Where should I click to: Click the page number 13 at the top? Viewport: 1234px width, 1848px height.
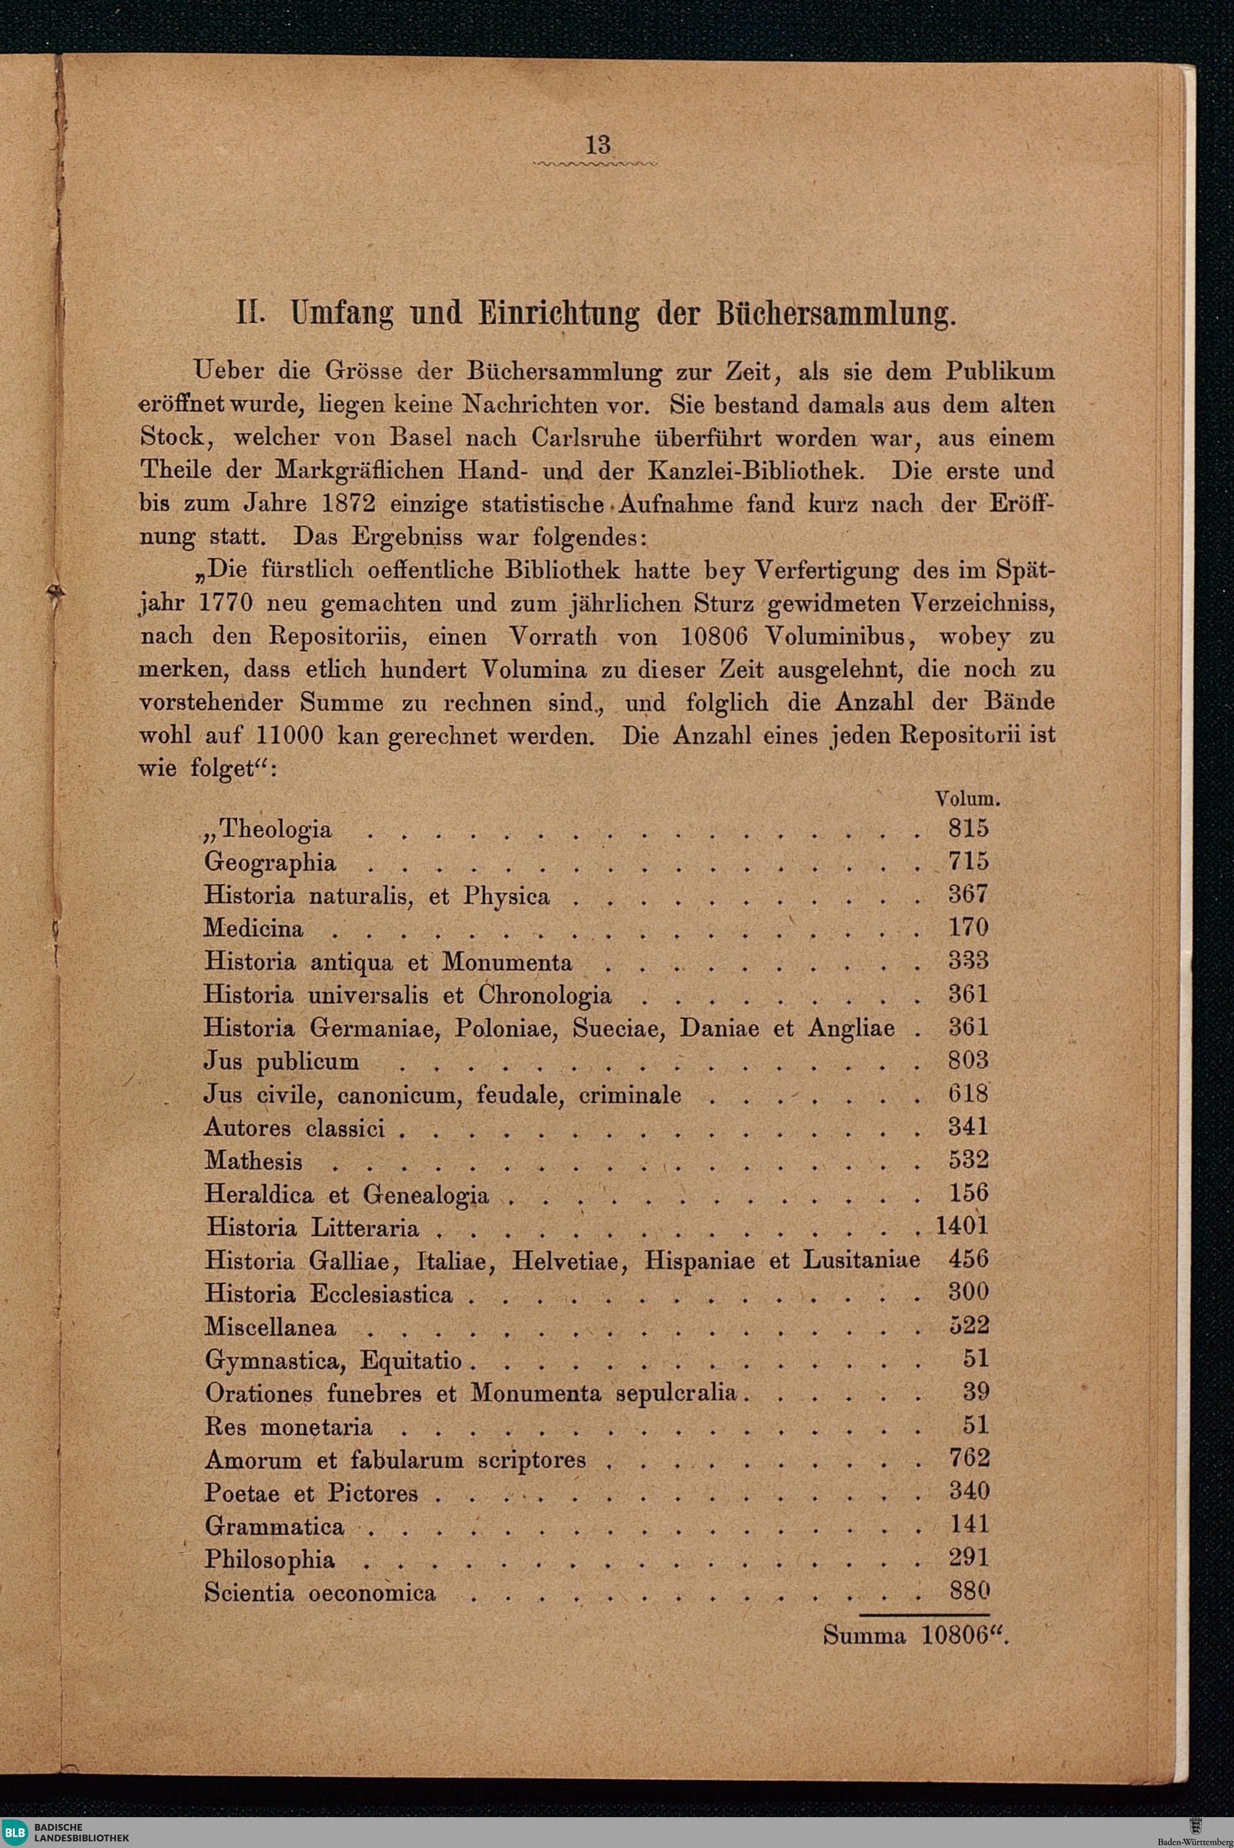coord(598,145)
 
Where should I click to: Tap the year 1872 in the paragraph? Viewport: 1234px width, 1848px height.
coord(348,503)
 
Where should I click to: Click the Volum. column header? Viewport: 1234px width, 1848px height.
coord(967,799)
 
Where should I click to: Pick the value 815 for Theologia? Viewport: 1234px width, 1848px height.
coord(968,828)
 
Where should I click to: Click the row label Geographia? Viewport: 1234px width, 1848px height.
coord(270,863)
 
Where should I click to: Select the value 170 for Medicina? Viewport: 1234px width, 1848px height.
coord(968,928)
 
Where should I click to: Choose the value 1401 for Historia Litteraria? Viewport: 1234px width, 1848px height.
coord(962,1226)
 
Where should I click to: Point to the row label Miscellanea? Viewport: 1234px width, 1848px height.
coord(270,1327)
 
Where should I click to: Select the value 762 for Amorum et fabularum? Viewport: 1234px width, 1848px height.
coord(969,1459)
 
